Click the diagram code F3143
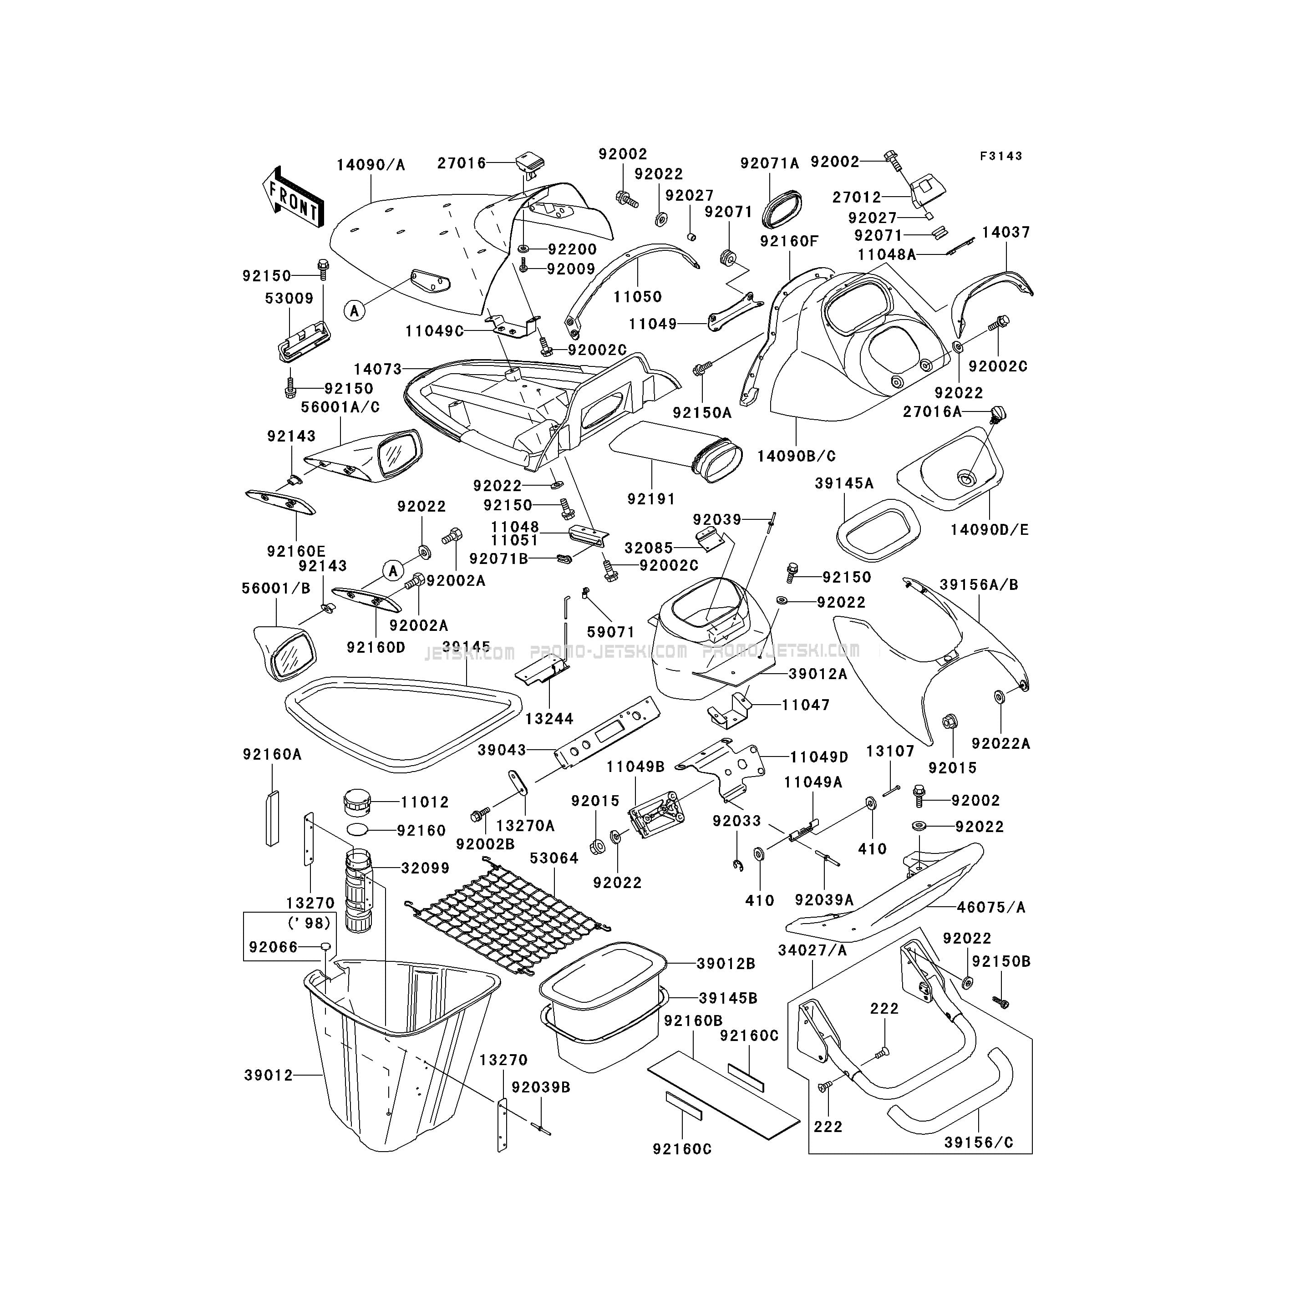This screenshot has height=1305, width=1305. tap(1002, 156)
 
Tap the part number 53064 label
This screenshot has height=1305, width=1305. tap(554, 858)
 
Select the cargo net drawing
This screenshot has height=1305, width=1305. tap(507, 919)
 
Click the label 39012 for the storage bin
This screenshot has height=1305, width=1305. tap(269, 1075)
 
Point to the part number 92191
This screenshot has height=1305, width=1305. tap(651, 498)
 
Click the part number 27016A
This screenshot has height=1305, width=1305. tap(932, 411)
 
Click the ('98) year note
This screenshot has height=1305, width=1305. tap(310, 923)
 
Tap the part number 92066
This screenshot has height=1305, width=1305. tap(274, 947)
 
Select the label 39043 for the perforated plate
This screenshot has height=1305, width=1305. tap(502, 750)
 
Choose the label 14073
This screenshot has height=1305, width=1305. tap(378, 369)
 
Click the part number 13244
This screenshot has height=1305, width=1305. tap(549, 719)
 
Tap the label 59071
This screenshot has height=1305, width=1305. tap(610, 631)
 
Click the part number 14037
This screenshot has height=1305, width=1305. tap(1006, 232)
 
